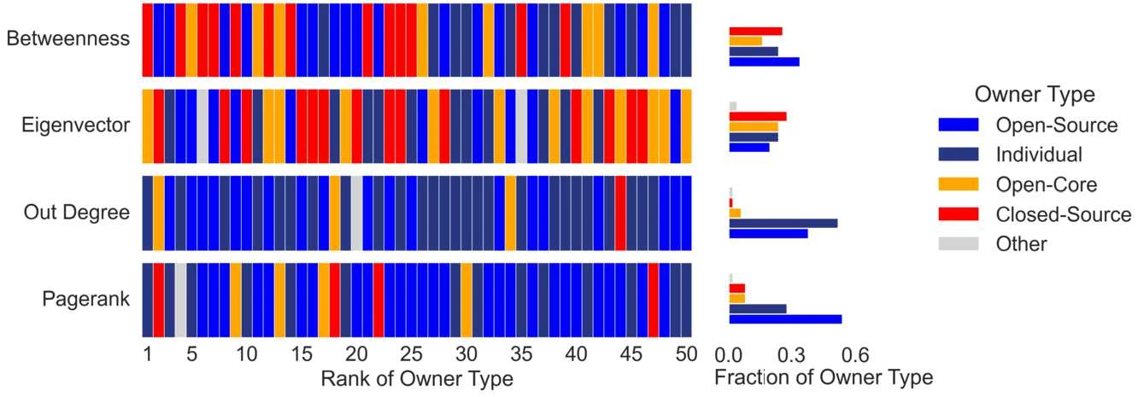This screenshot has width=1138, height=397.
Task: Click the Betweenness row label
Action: (x=67, y=39)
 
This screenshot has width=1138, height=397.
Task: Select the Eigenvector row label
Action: (x=76, y=126)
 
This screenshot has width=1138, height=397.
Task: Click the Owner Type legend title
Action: (x=1035, y=94)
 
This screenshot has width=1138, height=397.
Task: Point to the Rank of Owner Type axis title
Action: (x=417, y=378)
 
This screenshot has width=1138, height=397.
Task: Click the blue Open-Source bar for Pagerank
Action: (x=785, y=319)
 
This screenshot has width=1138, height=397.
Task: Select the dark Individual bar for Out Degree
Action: (x=783, y=223)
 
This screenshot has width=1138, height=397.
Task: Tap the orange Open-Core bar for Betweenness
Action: (x=745, y=41)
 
